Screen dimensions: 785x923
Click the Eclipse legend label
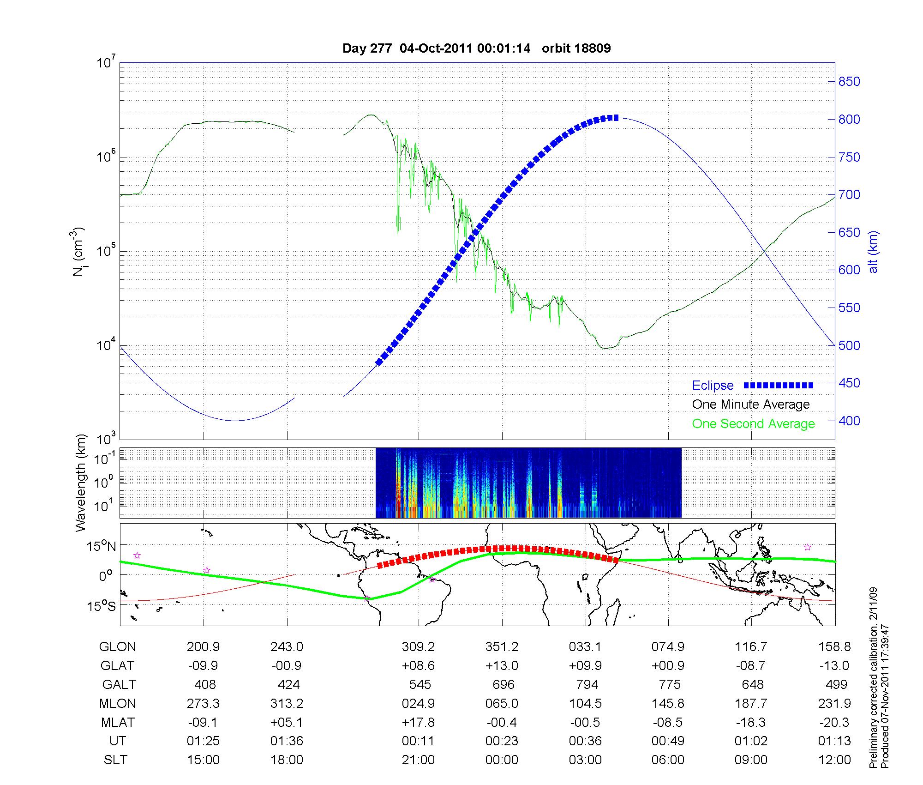click(x=713, y=386)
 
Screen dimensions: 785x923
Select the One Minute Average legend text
click(x=751, y=405)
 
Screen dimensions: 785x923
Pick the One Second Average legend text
click(x=753, y=424)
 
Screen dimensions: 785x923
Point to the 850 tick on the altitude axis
click(x=849, y=82)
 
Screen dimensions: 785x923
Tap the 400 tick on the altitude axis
click(x=849, y=421)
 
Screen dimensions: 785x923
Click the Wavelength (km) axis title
click(x=81, y=483)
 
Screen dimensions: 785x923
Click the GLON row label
click(x=118, y=646)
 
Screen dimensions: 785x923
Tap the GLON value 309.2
click(x=418, y=646)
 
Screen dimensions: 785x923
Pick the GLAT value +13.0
click(x=502, y=665)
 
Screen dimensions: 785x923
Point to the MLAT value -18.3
click(x=751, y=722)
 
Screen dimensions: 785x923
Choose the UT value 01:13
click(x=834, y=741)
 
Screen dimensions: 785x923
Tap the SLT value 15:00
click(x=203, y=760)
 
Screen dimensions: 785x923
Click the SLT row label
click(x=115, y=760)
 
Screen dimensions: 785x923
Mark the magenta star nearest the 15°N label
click(x=137, y=556)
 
